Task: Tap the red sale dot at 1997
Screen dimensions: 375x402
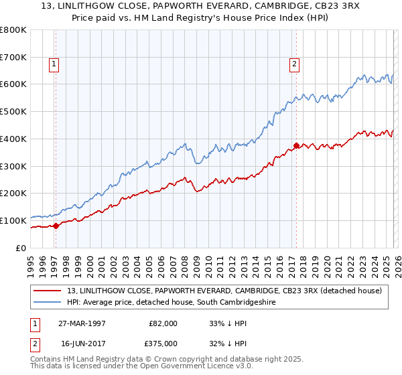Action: point(56,226)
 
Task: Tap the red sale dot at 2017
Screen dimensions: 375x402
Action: point(296,145)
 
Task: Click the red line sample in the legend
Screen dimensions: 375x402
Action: point(48,291)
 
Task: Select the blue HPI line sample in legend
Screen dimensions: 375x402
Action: point(48,303)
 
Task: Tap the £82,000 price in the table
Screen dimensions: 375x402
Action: point(163,323)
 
